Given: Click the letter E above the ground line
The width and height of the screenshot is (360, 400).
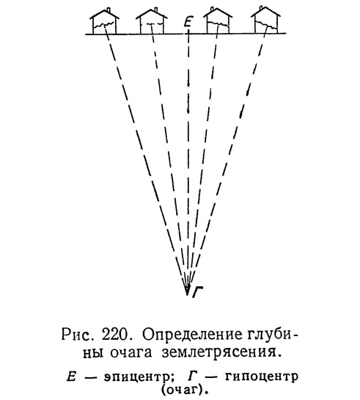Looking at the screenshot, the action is point(188,21).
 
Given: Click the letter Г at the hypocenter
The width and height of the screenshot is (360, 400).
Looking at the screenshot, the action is point(197,292).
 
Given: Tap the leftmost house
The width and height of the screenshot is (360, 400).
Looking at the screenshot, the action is point(104,21).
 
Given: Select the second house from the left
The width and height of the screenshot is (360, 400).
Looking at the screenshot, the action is point(151,21).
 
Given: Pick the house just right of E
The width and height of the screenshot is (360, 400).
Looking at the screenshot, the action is point(218,21).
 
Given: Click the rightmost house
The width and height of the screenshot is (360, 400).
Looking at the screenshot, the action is point(265,21).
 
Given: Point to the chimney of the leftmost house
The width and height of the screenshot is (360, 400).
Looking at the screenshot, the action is point(109,10).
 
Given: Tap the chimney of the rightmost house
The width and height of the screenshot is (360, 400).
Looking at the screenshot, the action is point(261,9).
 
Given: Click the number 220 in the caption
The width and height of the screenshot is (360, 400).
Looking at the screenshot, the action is point(114,335).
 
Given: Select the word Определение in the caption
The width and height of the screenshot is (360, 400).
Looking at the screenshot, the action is point(191,335).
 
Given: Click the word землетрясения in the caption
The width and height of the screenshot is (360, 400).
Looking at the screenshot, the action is point(222,353).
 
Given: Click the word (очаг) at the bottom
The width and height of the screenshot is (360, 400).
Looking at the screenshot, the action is point(183,390).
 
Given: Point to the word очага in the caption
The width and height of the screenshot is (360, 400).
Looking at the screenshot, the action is point(131,353).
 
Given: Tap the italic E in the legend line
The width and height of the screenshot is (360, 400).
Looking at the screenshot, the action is point(71,377).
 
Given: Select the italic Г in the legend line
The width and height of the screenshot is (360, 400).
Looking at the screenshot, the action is point(192,377).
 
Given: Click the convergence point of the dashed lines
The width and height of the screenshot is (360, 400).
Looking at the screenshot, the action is point(187,294).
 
